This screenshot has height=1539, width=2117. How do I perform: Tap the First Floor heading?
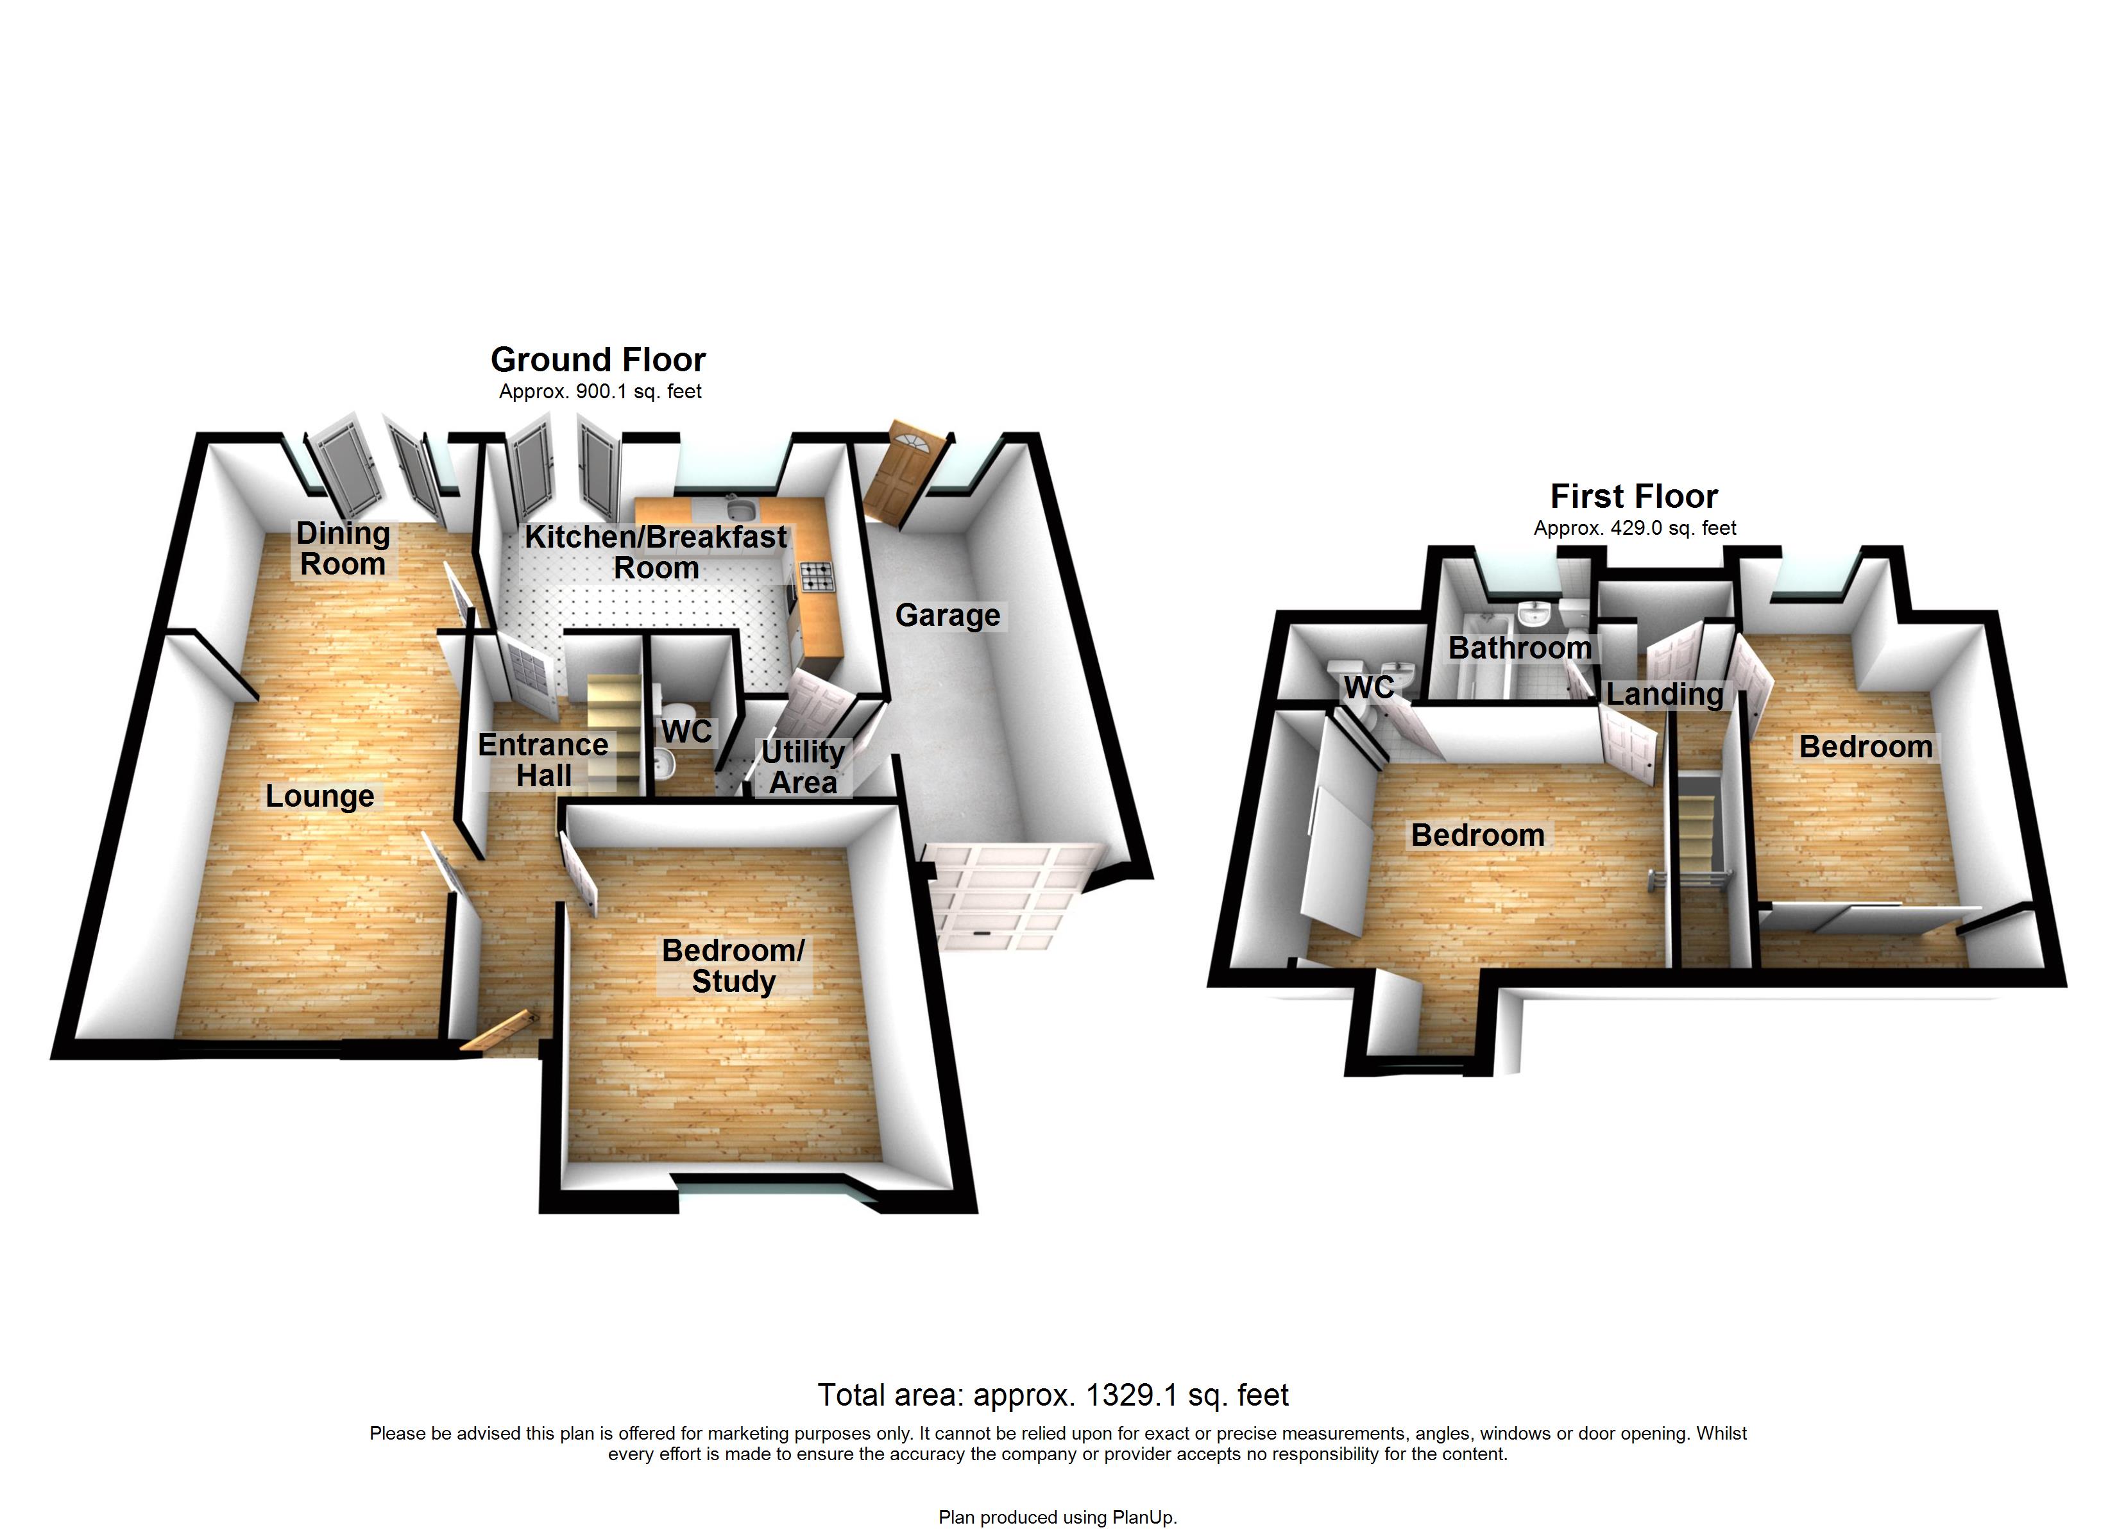click(x=1633, y=496)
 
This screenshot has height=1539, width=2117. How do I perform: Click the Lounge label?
click(x=319, y=795)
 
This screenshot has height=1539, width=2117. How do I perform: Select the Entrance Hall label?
click(x=543, y=760)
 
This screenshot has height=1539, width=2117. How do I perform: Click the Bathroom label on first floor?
click(x=1520, y=647)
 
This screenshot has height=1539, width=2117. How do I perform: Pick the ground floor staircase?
click(x=614, y=728)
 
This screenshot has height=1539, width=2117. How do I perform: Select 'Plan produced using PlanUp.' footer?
click(x=1058, y=1517)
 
